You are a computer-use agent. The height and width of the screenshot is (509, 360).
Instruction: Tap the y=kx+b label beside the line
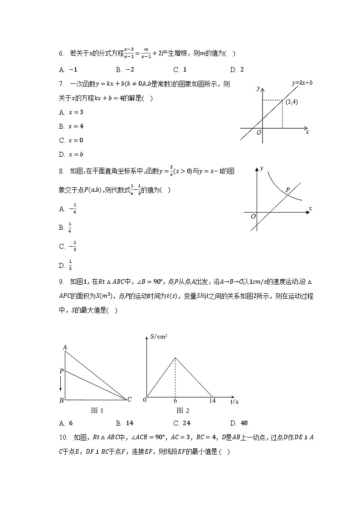(x=302, y=83)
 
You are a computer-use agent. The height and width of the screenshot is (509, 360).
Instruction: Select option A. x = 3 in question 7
(x=71, y=112)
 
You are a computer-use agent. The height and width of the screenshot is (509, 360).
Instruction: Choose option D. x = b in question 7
(x=71, y=155)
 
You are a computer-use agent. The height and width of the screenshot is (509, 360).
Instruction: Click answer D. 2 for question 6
(x=237, y=69)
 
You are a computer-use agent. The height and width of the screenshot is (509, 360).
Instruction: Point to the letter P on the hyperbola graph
(x=287, y=190)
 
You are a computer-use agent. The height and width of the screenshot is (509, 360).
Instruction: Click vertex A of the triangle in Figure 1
(x=65, y=348)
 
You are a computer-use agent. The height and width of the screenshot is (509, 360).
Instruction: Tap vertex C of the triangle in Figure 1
(x=129, y=399)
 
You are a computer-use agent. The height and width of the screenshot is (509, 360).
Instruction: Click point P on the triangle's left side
(x=62, y=371)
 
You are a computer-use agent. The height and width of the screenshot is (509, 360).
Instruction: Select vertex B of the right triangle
(x=61, y=400)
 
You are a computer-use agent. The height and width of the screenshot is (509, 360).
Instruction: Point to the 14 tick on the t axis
(x=212, y=401)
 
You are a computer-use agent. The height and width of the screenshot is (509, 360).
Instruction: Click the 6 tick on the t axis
(x=175, y=401)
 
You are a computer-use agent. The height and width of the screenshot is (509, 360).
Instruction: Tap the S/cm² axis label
(x=159, y=336)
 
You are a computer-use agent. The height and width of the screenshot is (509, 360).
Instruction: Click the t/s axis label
(x=234, y=402)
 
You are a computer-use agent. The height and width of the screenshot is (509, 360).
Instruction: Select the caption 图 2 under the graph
(x=183, y=411)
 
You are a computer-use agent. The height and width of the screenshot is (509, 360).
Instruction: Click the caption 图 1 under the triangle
(x=97, y=411)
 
